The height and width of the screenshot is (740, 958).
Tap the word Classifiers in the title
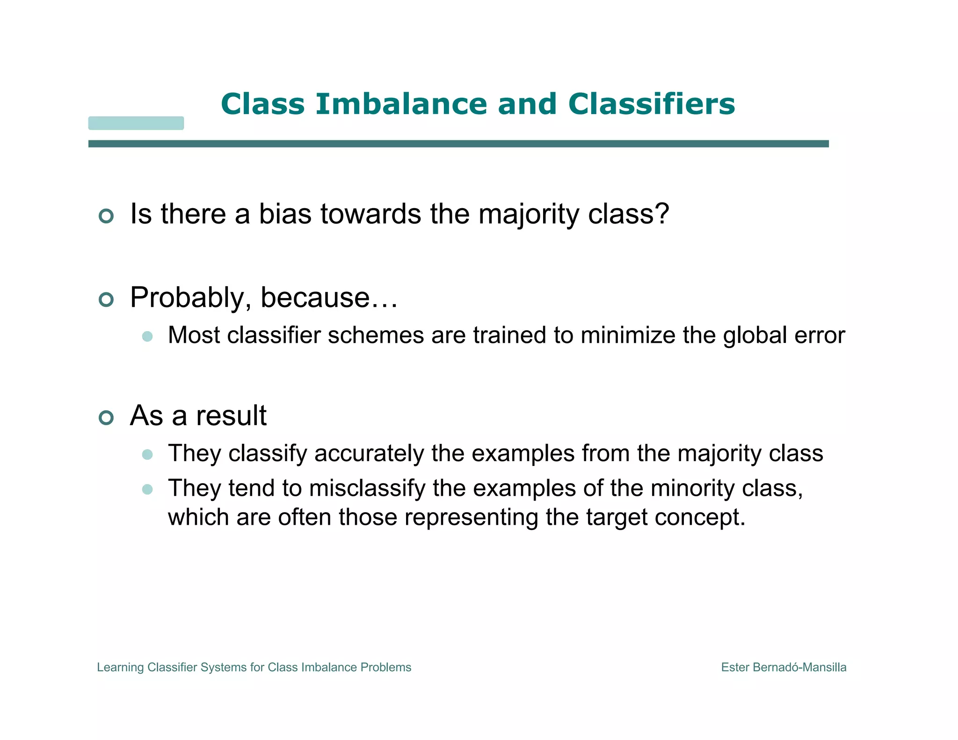tap(651, 104)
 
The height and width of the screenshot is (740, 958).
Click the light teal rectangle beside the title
tap(136, 123)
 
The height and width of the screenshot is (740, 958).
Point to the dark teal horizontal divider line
tap(458, 144)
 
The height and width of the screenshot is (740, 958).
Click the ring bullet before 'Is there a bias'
tap(106, 216)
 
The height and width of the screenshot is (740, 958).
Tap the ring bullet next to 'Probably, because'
tap(106, 299)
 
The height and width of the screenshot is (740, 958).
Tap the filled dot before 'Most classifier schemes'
tap(147, 336)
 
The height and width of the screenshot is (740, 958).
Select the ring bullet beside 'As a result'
tap(106, 417)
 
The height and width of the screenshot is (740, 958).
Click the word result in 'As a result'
tap(231, 415)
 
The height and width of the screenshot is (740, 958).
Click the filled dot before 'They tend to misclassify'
tap(147, 489)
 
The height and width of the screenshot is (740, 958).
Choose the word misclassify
tap(367, 488)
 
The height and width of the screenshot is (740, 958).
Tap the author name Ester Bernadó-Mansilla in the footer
tap(784, 667)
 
